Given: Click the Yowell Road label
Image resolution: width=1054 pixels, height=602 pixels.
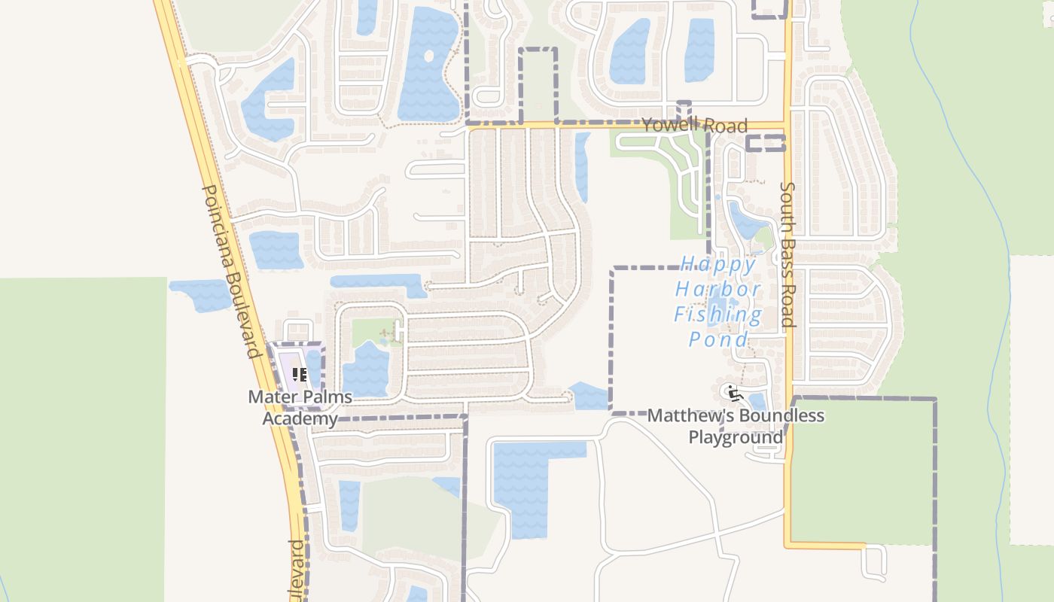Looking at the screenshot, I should click(x=694, y=125).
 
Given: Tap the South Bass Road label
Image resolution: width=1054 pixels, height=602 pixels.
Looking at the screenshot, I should click(x=787, y=254).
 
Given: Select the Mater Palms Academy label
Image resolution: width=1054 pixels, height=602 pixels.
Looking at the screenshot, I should click(x=300, y=407).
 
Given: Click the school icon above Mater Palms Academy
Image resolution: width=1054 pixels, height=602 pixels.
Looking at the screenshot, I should click(x=300, y=374).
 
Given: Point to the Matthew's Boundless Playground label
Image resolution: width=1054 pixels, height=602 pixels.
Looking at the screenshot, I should click(x=736, y=426).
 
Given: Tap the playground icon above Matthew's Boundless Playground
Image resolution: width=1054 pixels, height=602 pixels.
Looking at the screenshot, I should click(x=731, y=392).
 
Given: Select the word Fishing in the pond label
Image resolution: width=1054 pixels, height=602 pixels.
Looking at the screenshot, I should click(x=717, y=315).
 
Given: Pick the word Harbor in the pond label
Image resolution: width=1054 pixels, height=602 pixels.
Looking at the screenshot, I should click(x=717, y=289).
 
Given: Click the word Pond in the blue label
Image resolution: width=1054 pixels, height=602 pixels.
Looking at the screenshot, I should click(x=719, y=339).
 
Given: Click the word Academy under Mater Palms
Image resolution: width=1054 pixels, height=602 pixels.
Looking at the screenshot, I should click(x=300, y=418).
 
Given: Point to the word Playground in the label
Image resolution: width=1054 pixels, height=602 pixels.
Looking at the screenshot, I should click(x=736, y=437).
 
